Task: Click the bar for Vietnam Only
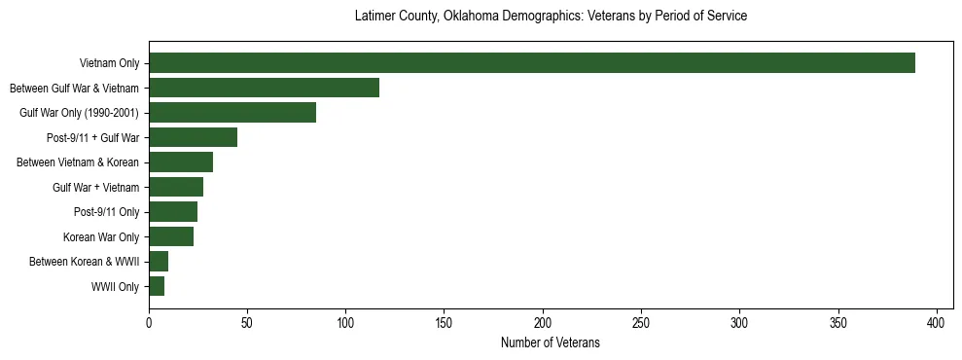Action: pos(532,63)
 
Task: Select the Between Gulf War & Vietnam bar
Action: pos(264,88)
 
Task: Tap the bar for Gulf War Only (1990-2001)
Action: pos(232,113)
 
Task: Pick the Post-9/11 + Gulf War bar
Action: pos(193,137)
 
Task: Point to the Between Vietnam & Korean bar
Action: pos(181,162)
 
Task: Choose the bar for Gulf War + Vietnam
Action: pos(176,187)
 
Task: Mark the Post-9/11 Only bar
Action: pos(173,212)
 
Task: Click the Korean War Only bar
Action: pos(171,236)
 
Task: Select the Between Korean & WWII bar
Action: pos(159,262)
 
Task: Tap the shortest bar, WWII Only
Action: pos(157,286)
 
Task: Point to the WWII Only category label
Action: pos(115,287)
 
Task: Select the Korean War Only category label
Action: pos(101,237)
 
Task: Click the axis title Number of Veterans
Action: pos(550,343)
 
